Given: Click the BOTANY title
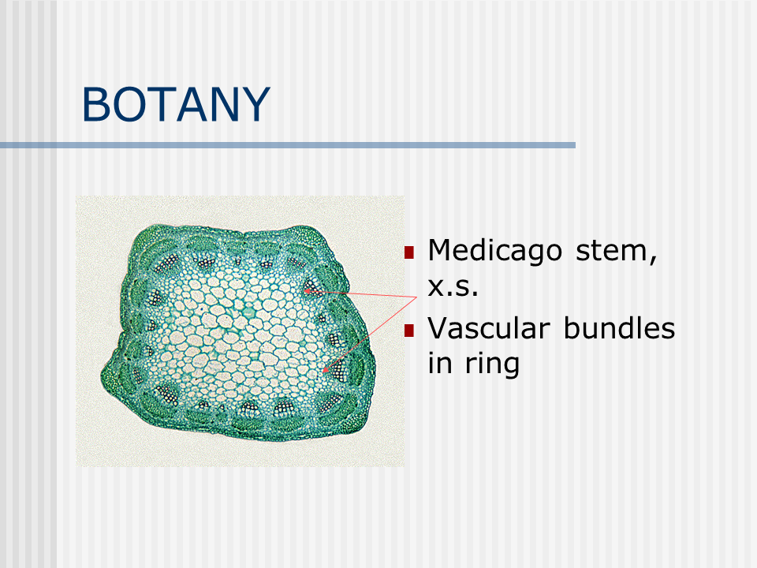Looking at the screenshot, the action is pos(176,104).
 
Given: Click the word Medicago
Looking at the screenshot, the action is pos(495,251).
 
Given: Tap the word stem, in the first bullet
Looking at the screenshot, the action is pos(617,252).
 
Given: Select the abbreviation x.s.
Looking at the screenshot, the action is pos(453,287).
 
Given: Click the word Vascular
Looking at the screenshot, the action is pos(489,328).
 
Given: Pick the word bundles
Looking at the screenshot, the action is pos(620,328).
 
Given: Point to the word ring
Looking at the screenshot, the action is pos(492,364).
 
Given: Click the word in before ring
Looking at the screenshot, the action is pos(440,363).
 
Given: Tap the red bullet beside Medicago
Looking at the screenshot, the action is pos(409,252).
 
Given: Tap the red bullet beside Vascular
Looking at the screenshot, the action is pos(409,330).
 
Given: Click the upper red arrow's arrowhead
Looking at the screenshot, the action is pos(307,291).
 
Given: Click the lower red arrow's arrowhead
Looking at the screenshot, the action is pos(325,369).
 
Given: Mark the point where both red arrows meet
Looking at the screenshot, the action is pos(416,297).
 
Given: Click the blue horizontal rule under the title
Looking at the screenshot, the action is pos(288,145).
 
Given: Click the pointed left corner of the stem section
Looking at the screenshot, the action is pos(103,376).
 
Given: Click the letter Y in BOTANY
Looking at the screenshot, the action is pos(255,104).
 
